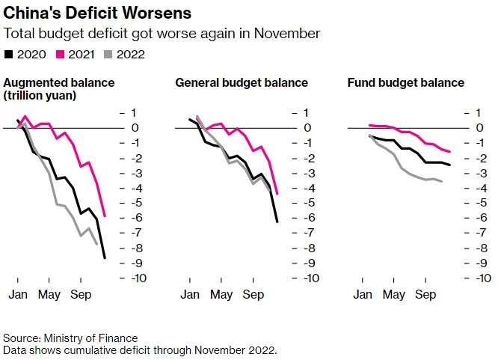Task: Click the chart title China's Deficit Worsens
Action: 97,13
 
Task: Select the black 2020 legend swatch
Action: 8,54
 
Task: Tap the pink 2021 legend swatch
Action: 61,54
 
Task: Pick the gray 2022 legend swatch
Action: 109,54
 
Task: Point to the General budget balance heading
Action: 241,82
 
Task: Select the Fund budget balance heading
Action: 406,82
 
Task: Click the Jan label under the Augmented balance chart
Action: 17,294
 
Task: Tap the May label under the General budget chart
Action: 221,294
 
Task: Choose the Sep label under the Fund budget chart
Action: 425,294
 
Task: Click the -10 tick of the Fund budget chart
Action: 479,278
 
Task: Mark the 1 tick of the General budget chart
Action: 307,113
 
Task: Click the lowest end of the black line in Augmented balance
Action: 105,258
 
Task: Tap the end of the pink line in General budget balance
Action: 277,194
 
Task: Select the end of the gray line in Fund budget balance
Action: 442,181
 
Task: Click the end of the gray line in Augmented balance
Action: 97,244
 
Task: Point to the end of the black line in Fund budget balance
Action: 450,165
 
